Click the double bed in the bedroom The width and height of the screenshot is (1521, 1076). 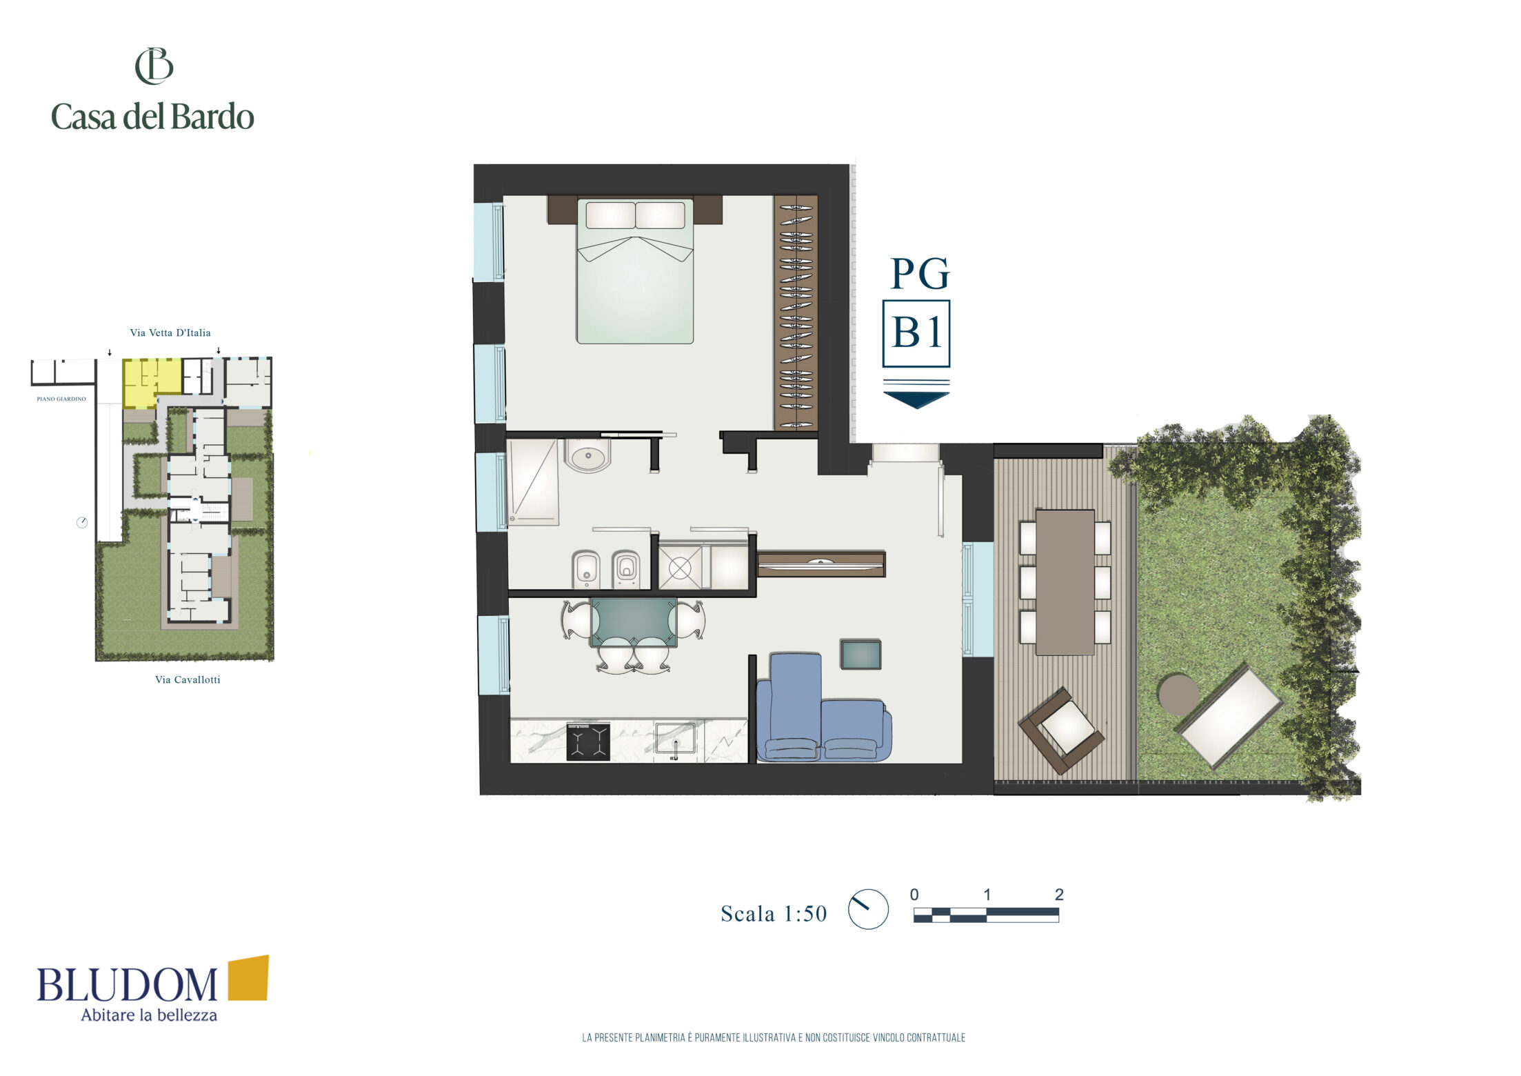(635, 270)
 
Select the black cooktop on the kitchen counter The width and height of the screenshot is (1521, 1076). (588, 741)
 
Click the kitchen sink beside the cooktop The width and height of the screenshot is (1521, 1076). (675, 739)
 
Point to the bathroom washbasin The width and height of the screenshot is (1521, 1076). (587, 455)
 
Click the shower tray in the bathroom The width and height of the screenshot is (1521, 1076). (533, 482)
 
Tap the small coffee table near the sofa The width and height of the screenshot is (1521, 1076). (860, 655)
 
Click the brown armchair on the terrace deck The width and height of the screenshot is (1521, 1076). (1062, 730)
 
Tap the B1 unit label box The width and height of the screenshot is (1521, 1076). (916, 333)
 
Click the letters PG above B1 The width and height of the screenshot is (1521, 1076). (920, 274)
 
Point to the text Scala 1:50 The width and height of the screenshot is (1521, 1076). (774, 914)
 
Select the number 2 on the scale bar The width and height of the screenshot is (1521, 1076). (1059, 895)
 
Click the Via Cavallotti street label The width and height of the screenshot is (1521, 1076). (188, 679)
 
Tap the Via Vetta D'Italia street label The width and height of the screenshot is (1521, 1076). (170, 332)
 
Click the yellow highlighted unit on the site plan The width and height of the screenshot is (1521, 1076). (151, 383)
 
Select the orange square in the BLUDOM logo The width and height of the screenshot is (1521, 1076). (248, 977)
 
